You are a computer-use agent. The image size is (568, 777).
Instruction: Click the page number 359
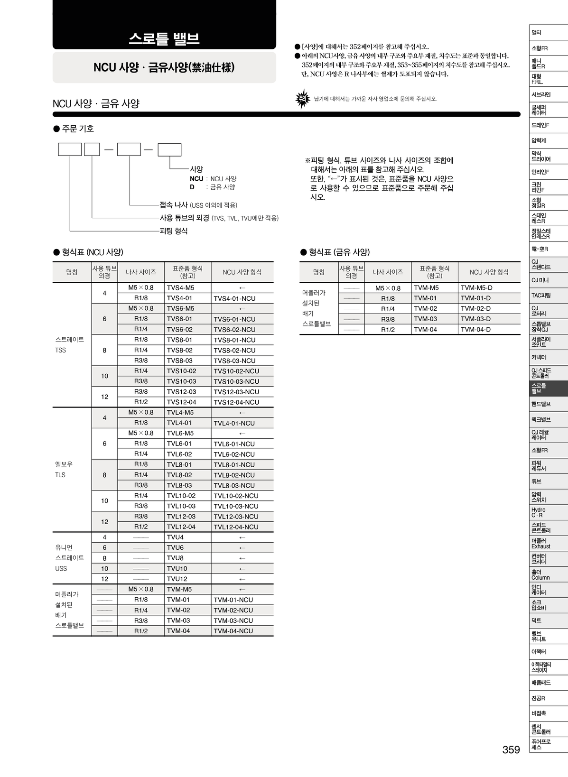click(x=511, y=749)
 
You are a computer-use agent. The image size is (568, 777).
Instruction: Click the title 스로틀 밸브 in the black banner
click(x=164, y=38)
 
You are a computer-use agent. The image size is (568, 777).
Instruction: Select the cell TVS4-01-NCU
click(x=234, y=298)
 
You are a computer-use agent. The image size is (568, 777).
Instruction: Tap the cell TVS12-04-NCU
click(x=236, y=402)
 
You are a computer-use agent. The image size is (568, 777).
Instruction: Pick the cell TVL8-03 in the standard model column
click(x=179, y=485)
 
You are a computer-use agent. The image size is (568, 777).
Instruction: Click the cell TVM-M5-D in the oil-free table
click(x=476, y=288)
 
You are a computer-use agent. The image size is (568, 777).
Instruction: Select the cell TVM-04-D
click(x=475, y=329)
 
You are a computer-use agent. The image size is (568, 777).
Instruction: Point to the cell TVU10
click(x=177, y=568)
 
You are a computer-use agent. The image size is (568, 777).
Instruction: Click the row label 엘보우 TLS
click(x=64, y=470)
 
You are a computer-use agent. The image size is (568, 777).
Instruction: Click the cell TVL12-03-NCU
click(x=236, y=517)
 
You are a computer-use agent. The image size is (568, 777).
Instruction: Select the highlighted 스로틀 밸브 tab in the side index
click(x=548, y=388)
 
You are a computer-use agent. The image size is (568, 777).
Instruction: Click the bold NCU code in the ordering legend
click(x=196, y=179)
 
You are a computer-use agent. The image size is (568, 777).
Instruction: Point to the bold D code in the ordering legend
click(x=192, y=187)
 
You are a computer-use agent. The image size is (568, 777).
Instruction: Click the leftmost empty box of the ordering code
click(x=70, y=149)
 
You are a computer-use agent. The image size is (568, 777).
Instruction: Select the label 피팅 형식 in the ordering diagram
click(x=174, y=231)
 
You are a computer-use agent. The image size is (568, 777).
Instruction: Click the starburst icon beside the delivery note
click(x=302, y=99)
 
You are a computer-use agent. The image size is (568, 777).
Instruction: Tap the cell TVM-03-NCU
click(x=233, y=620)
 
